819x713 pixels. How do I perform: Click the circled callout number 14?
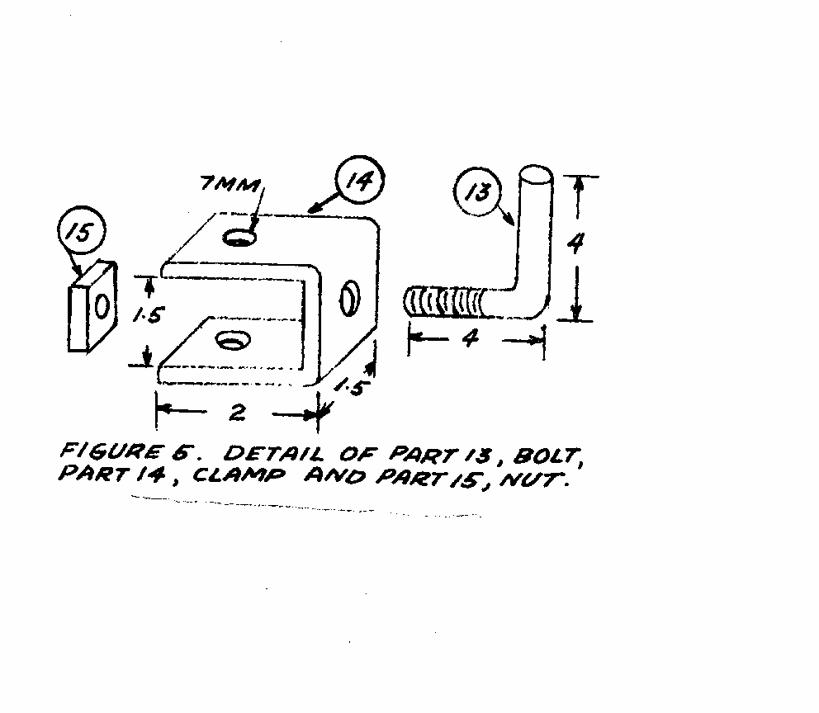click(x=359, y=181)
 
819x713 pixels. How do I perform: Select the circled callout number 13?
click(x=477, y=191)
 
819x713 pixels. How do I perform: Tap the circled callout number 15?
click(x=82, y=231)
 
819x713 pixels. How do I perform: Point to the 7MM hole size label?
click(x=230, y=184)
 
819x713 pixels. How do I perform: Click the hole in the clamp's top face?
click(x=239, y=238)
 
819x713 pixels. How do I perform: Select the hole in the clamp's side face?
click(x=349, y=298)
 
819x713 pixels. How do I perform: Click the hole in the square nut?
click(x=102, y=306)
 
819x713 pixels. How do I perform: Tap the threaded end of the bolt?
click(x=445, y=302)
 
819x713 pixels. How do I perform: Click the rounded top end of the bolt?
click(x=536, y=174)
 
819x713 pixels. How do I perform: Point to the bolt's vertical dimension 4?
click(x=575, y=243)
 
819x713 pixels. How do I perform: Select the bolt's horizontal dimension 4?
click(x=471, y=338)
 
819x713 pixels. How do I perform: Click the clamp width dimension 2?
click(x=238, y=413)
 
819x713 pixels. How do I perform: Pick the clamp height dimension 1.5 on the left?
click(x=149, y=314)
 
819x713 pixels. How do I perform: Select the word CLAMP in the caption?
click(x=239, y=475)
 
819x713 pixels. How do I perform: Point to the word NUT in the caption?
click(x=533, y=479)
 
